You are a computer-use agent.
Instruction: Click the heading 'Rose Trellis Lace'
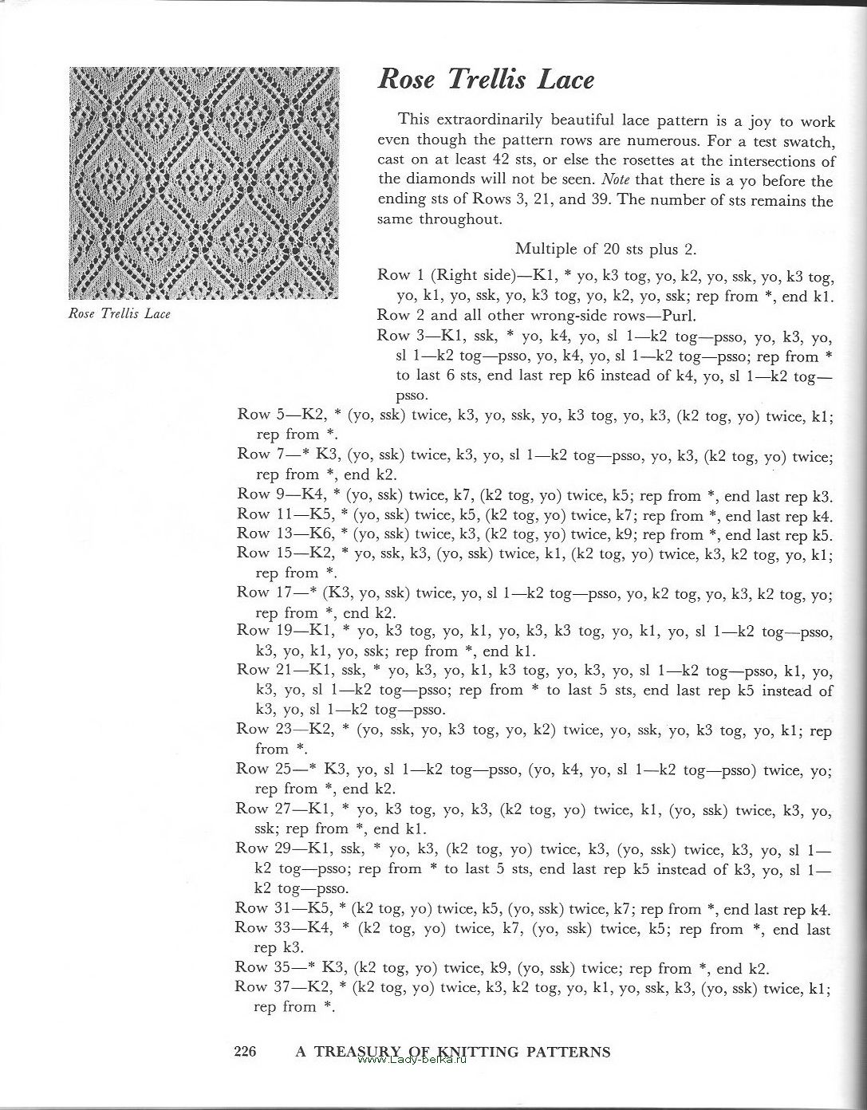[x=486, y=80]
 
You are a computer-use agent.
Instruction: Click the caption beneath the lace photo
[x=120, y=313]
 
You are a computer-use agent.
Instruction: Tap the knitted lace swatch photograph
[x=204, y=183]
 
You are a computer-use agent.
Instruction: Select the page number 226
[x=244, y=1052]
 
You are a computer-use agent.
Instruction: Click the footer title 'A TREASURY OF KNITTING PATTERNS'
[x=453, y=1051]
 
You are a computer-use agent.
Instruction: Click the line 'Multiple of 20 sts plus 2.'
[x=606, y=249]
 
